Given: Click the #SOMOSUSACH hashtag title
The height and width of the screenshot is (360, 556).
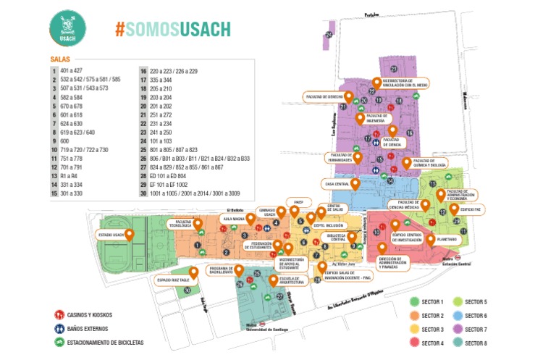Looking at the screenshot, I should [173, 29].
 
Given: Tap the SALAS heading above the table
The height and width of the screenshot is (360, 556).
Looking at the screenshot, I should [59, 59].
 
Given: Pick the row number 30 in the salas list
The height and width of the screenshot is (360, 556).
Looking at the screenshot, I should [144, 193].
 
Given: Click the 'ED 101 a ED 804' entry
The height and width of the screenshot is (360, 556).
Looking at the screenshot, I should [168, 175].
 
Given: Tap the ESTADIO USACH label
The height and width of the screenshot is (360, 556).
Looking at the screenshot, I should [112, 234].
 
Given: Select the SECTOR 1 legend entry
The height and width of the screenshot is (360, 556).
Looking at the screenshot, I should [432, 301].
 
